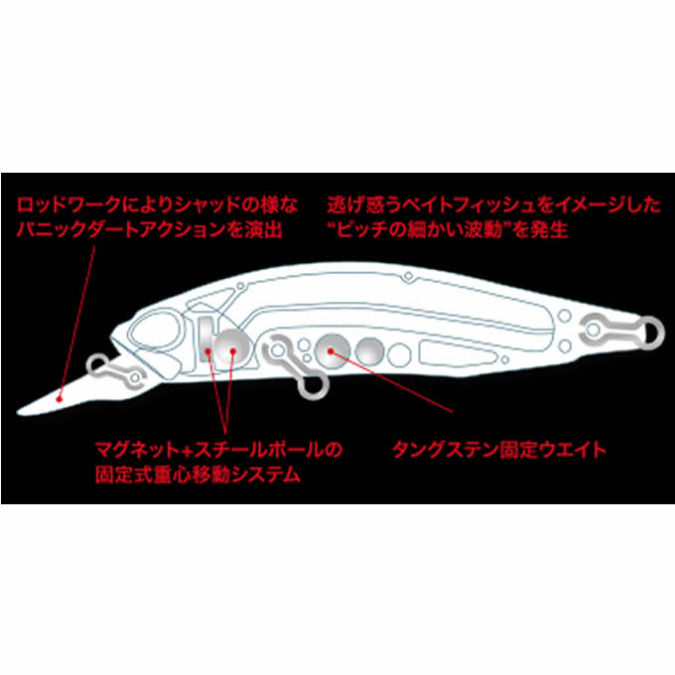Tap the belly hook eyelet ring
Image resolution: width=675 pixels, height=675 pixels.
(x=314, y=385)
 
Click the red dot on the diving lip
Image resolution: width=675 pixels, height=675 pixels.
(x=60, y=399)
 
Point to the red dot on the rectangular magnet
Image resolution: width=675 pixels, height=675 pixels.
(x=207, y=351)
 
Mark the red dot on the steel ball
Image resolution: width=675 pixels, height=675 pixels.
(x=233, y=351)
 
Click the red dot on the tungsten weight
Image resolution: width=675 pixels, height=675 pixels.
(x=331, y=351)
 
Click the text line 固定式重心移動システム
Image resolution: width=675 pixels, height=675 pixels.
(x=198, y=474)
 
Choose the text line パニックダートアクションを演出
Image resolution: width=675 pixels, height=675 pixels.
(x=149, y=229)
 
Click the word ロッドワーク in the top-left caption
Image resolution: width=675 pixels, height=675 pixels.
(x=68, y=204)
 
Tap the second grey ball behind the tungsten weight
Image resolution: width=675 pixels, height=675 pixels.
(x=369, y=351)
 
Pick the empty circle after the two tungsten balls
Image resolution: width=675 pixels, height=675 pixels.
(x=399, y=355)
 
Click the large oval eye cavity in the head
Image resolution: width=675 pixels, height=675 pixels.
(x=155, y=331)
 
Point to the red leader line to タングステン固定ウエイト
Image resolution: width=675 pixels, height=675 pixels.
(x=391, y=382)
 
